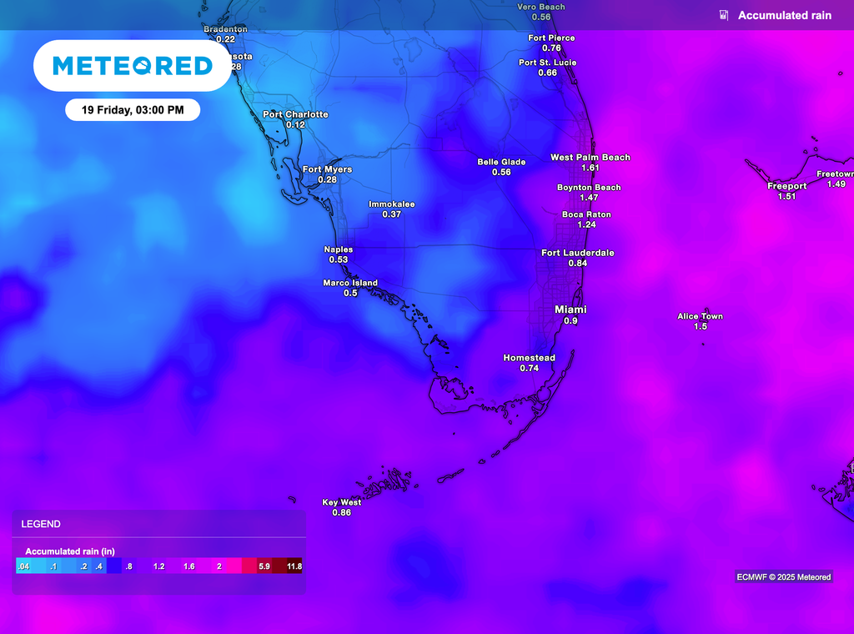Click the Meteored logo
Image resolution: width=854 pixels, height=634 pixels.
pos(132,65)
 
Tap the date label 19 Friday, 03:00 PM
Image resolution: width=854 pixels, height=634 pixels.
pos(133,110)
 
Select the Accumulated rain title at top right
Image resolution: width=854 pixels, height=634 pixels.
pos(784,15)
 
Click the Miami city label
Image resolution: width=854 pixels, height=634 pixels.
pos(570,309)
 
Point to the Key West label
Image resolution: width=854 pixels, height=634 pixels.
pos(342,502)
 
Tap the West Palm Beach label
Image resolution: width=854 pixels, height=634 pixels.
pos(590,157)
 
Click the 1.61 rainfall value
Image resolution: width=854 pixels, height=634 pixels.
pos(590,168)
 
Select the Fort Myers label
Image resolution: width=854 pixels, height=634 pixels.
pos(327,169)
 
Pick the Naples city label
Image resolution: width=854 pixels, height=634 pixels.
pos(338,249)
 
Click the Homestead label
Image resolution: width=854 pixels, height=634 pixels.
pos(529,358)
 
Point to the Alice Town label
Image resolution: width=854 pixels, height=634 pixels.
pos(700,316)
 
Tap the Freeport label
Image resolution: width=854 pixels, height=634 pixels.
pos(786,186)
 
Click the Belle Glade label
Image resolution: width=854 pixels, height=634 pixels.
pos(501,162)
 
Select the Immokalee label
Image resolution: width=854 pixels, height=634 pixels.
pos(392,204)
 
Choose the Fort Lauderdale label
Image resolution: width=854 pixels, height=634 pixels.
pos(577,253)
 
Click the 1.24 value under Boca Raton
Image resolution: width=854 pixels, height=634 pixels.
pos(586,225)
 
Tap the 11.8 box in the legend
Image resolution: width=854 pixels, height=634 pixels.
pos(294,566)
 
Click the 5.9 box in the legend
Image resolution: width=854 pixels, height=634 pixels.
pos(264,566)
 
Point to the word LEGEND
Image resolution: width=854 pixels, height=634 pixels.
pos(41,524)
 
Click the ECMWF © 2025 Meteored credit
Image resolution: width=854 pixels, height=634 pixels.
pos(783,576)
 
